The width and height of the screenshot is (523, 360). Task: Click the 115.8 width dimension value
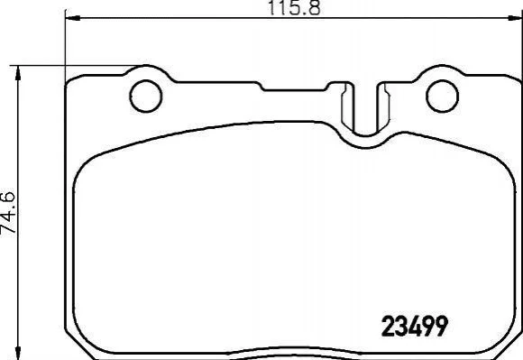tap(294, 8)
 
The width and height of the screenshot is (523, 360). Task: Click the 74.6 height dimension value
tap(8, 212)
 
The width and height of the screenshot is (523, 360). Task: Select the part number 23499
tap(414, 326)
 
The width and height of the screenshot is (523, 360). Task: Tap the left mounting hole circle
tap(146, 96)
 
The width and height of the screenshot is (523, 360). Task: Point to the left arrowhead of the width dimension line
tap(72, 18)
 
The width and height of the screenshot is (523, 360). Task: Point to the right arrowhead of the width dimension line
tap(515, 18)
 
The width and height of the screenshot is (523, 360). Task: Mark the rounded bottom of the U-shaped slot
tap(365, 134)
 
